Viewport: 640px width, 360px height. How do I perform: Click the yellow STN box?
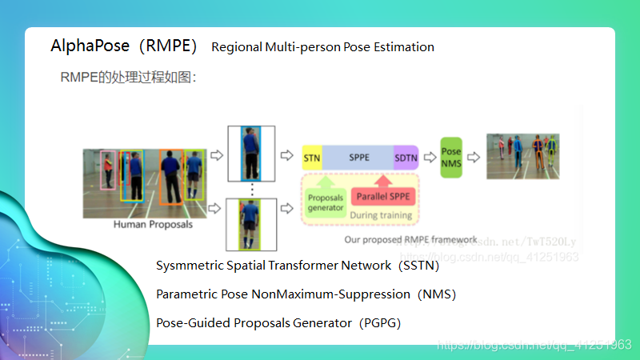[x=312, y=157]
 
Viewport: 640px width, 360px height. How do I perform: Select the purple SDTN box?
[x=406, y=157]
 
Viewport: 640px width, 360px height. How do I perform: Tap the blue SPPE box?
[x=359, y=157]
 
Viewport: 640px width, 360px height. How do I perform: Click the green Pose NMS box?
[x=452, y=157]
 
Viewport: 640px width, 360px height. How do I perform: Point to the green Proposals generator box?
[x=326, y=202]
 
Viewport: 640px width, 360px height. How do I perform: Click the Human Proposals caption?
[x=153, y=225]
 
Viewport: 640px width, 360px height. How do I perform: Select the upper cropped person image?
[x=251, y=154]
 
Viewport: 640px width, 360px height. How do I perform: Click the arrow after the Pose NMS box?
[x=474, y=157]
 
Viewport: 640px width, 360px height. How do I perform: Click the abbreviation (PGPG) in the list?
[x=379, y=323]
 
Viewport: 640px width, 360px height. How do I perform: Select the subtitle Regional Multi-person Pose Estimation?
[x=322, y=47]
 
